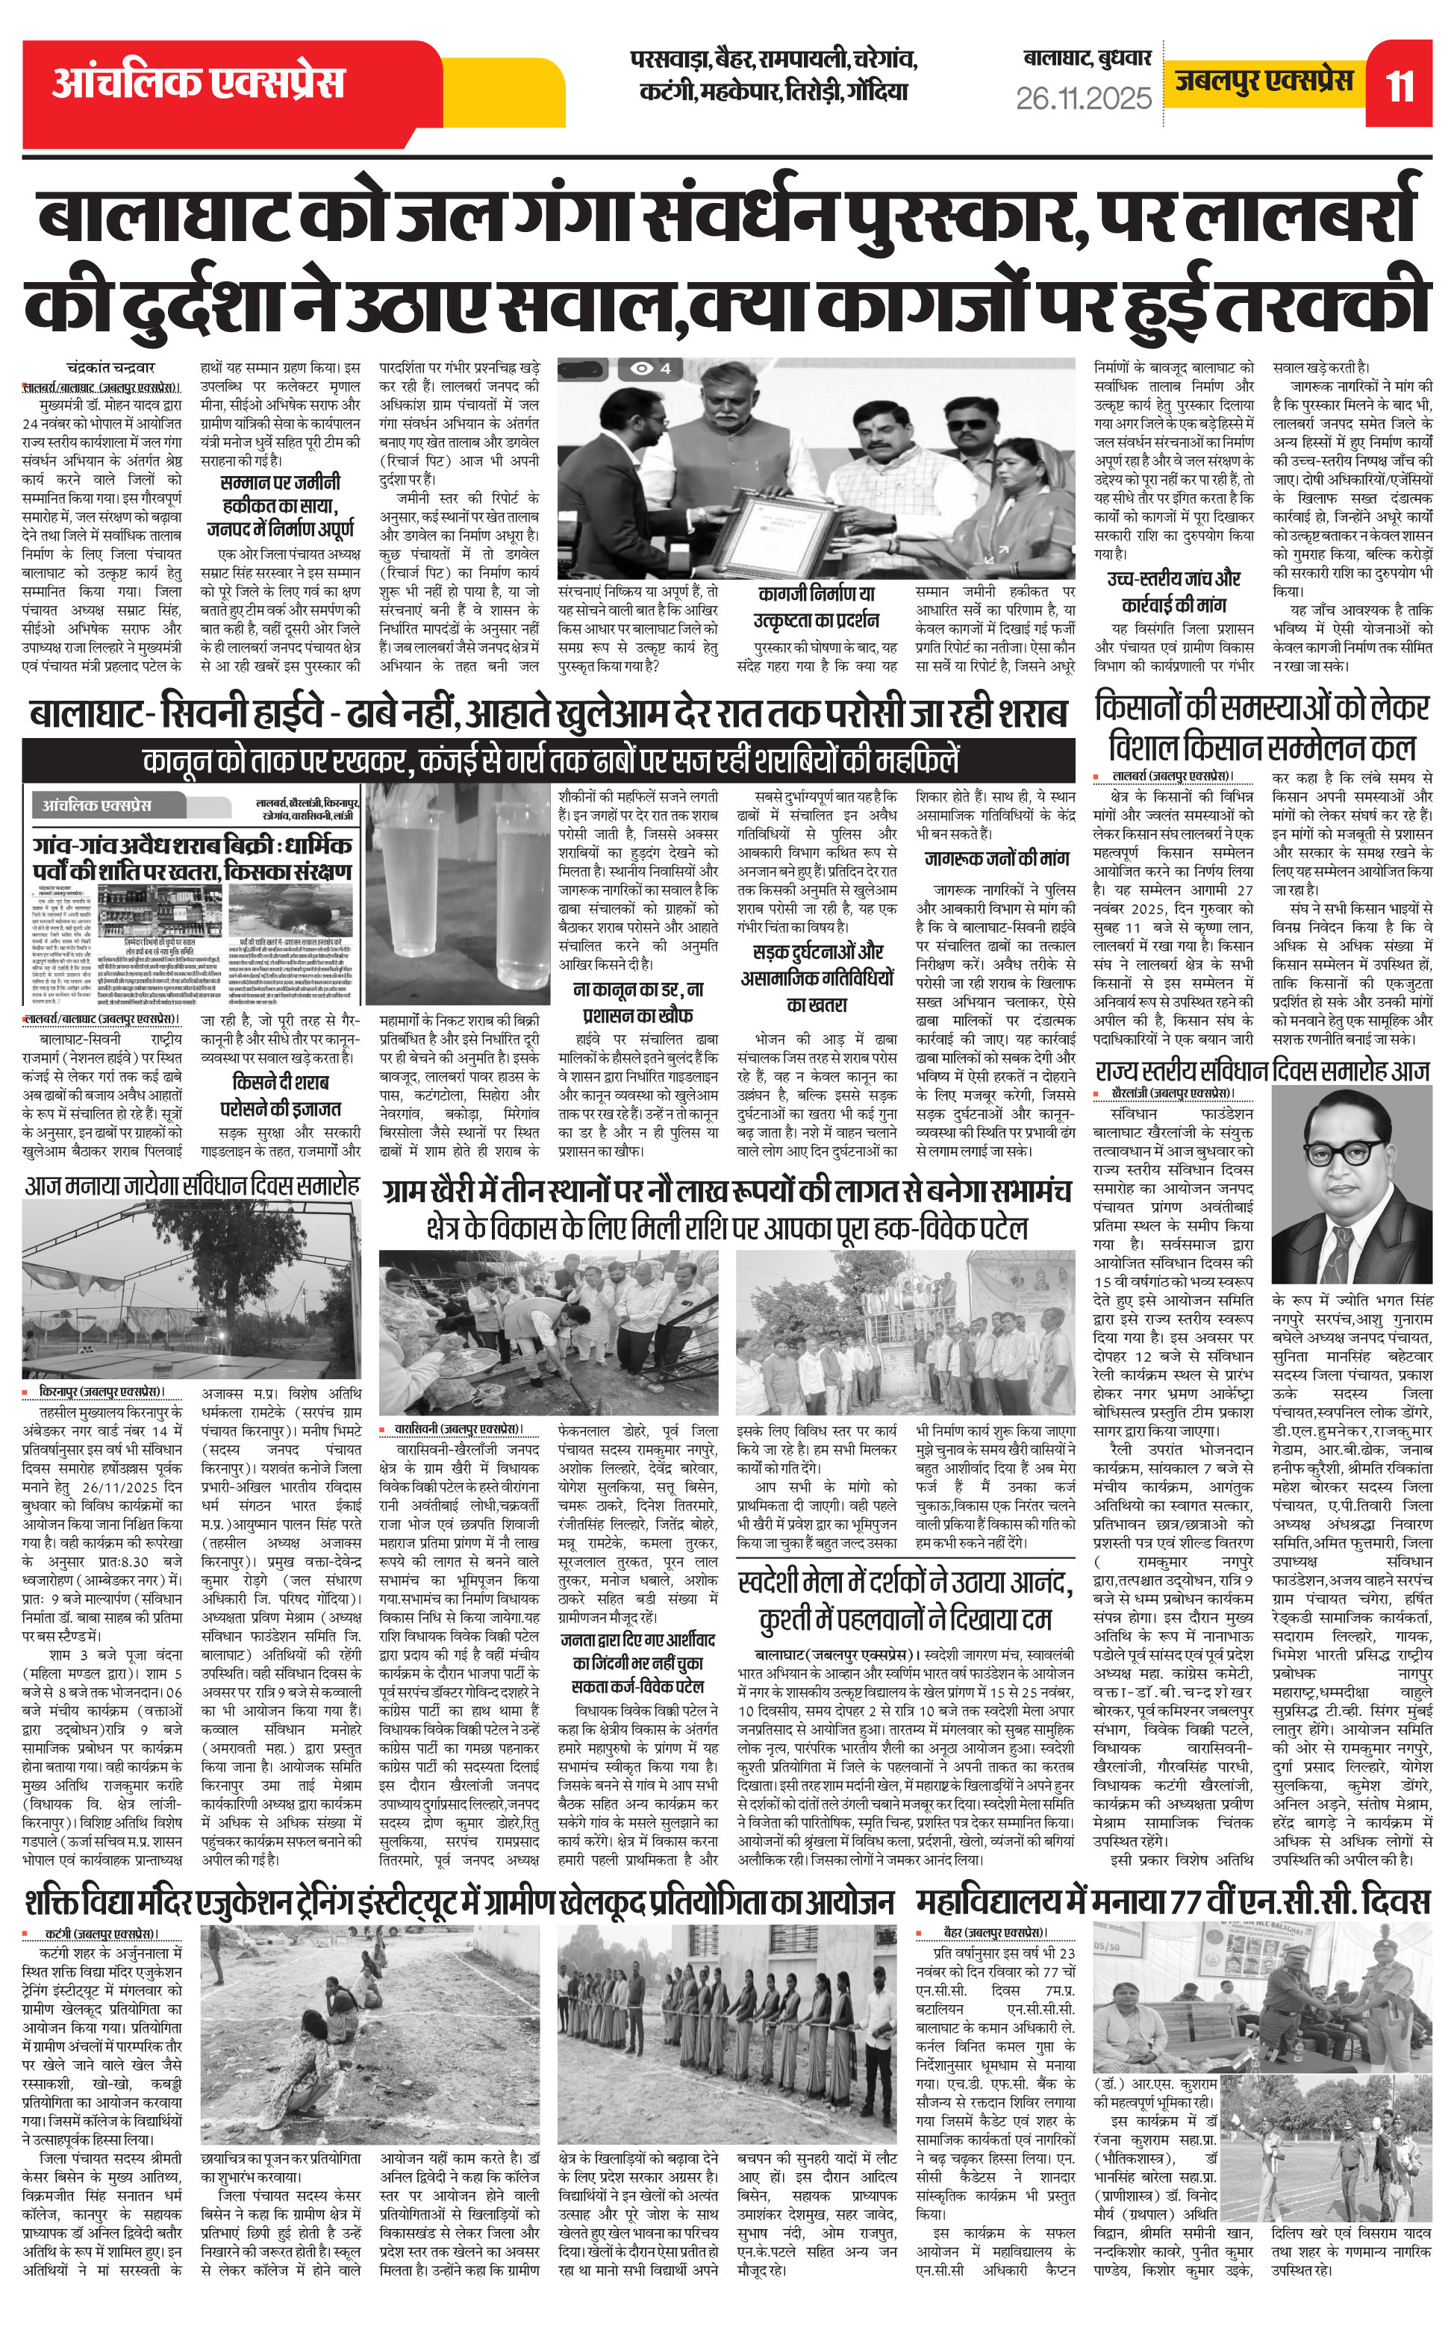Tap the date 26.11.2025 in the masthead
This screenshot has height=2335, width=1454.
(x=1084, y=98)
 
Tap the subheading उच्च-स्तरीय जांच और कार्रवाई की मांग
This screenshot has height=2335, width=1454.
(x=1173, y=591)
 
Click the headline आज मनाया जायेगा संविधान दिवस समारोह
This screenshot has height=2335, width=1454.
(x=193, y=1184)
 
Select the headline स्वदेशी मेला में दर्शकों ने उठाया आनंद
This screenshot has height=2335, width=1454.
(x=904, y=1598)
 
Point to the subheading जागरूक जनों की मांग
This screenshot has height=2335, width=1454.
(x=996, y=858)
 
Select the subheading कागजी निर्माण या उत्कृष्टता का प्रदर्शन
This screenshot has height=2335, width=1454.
(x=816, y=607)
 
